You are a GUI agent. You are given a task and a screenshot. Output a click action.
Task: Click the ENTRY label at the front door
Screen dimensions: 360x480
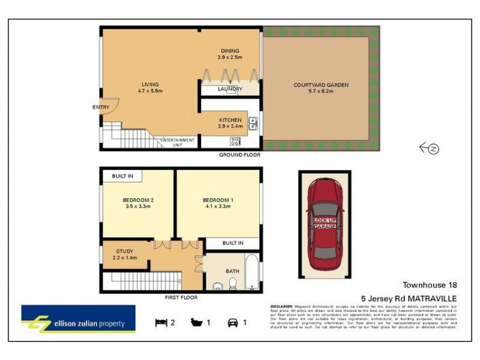pyautogui.click(x=101, y=107)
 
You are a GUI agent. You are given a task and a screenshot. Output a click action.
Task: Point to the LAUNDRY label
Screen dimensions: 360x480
pyautogui.click(x=230, y=89)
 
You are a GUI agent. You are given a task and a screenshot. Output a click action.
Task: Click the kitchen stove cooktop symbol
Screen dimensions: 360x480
pyautogui.click(x=235, y=142)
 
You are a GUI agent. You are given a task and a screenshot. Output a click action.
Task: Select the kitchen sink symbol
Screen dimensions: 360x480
pyautogui.click(x=253, y=124)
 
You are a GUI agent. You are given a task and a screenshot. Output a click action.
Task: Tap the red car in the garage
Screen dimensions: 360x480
pyautogui.click(x=324, y=225)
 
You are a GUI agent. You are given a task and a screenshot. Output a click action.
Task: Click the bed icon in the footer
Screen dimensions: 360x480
pyautogui.click(x=161, y=322)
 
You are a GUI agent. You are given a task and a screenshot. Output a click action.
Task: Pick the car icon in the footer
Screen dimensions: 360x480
pyautogui.click(x=232, y=322)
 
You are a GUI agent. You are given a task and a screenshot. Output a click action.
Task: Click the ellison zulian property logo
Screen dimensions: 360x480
pyautogui.click(x=78, y=319)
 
